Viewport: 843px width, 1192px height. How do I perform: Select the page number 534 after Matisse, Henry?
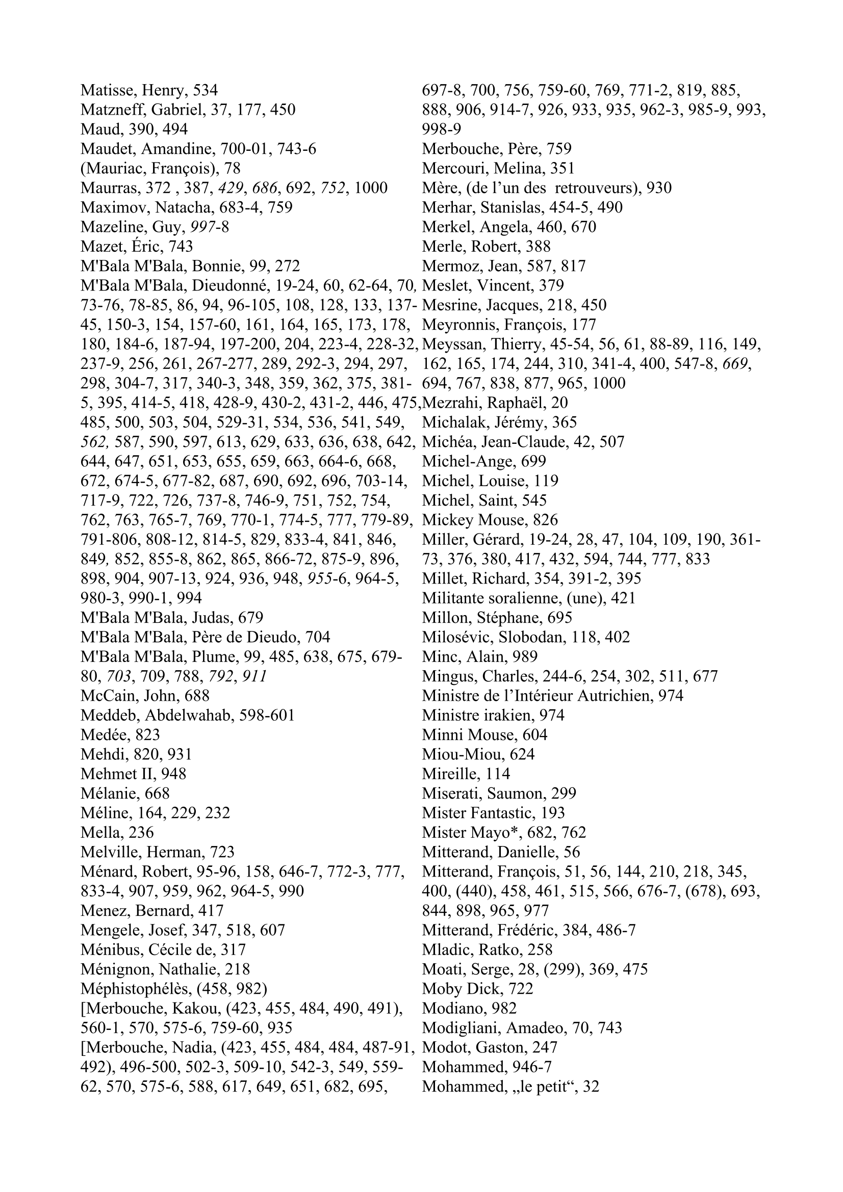(205, 91)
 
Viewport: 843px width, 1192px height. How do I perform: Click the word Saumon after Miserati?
(513, 793)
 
